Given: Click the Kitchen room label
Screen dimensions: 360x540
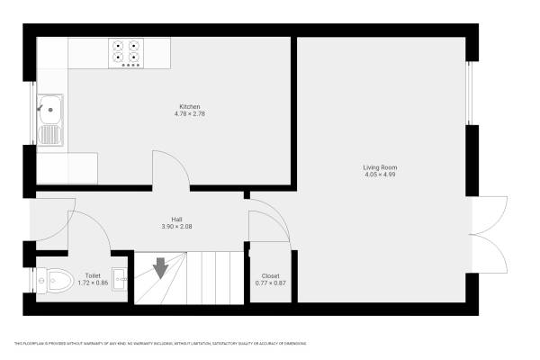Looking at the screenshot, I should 189,106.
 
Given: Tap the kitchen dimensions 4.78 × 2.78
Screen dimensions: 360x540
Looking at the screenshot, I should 189,113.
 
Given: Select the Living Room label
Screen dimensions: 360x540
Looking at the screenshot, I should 380,167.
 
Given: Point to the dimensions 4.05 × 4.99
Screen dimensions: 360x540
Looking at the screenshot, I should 380,175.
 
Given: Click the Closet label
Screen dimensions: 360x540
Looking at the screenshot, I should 270,276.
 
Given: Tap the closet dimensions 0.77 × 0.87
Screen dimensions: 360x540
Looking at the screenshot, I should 270,283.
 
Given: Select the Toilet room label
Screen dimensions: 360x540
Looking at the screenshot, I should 93,276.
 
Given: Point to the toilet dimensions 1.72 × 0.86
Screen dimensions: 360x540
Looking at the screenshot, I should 93,283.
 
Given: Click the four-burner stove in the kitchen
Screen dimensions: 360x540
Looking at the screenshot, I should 127,52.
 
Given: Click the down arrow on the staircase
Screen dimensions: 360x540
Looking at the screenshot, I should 160,268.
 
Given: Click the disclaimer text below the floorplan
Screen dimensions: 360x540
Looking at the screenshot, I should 160,344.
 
